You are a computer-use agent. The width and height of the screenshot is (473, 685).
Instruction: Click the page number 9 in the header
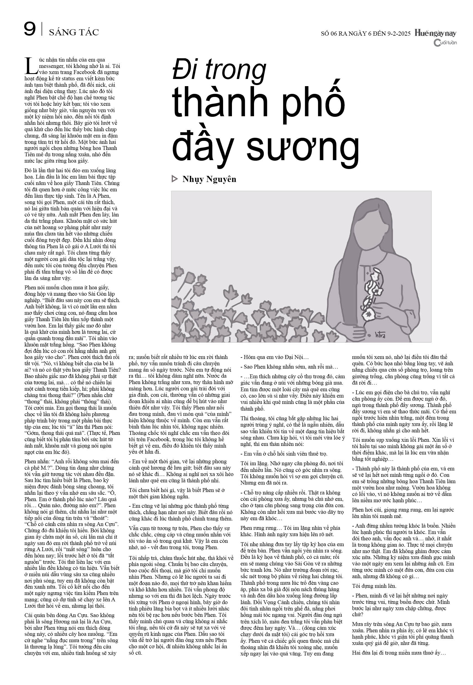point(30,30)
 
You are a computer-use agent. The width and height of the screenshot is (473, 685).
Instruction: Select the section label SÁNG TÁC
point(74,32)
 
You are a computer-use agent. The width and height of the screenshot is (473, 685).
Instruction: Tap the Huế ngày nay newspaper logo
point(435,33)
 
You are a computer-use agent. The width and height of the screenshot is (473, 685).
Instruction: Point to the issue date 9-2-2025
point(399,33)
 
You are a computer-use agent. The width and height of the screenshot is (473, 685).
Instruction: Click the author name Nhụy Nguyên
point(209,179)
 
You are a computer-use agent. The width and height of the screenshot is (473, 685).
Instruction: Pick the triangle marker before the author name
point(175,179)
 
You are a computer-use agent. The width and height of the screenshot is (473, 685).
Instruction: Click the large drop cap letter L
point(31,66)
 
